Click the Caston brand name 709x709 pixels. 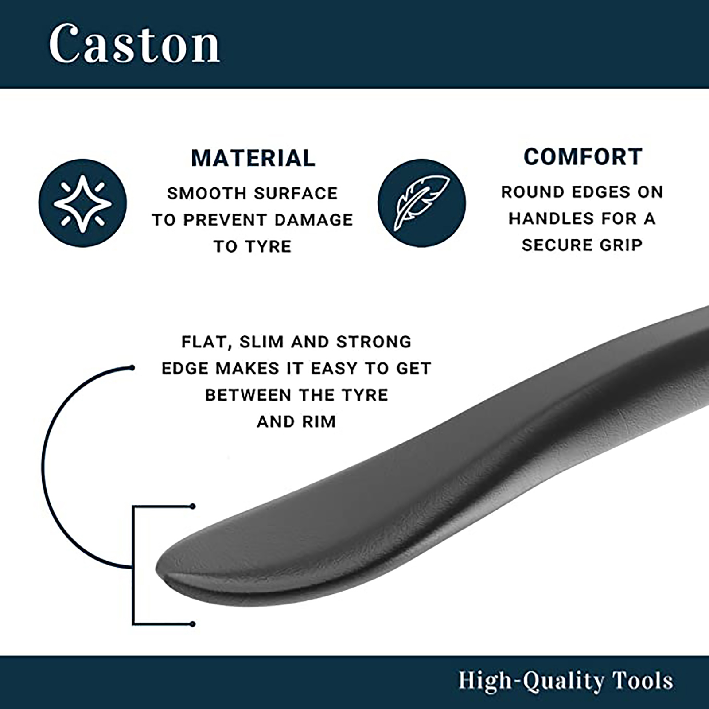click(x=134, y=44)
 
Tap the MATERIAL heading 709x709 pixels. click(x=253, y=158)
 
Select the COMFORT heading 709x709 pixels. click(x=583, y=156)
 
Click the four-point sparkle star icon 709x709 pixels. click(x=83, y=203)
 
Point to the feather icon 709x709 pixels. click(x=422, y=203)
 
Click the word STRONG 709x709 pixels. click(x=374, y=342)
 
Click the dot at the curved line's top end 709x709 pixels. click(x=132, y=367)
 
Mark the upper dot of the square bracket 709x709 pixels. click(x=192, y=506)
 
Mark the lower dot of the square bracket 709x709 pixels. click(x=192, y=624)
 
